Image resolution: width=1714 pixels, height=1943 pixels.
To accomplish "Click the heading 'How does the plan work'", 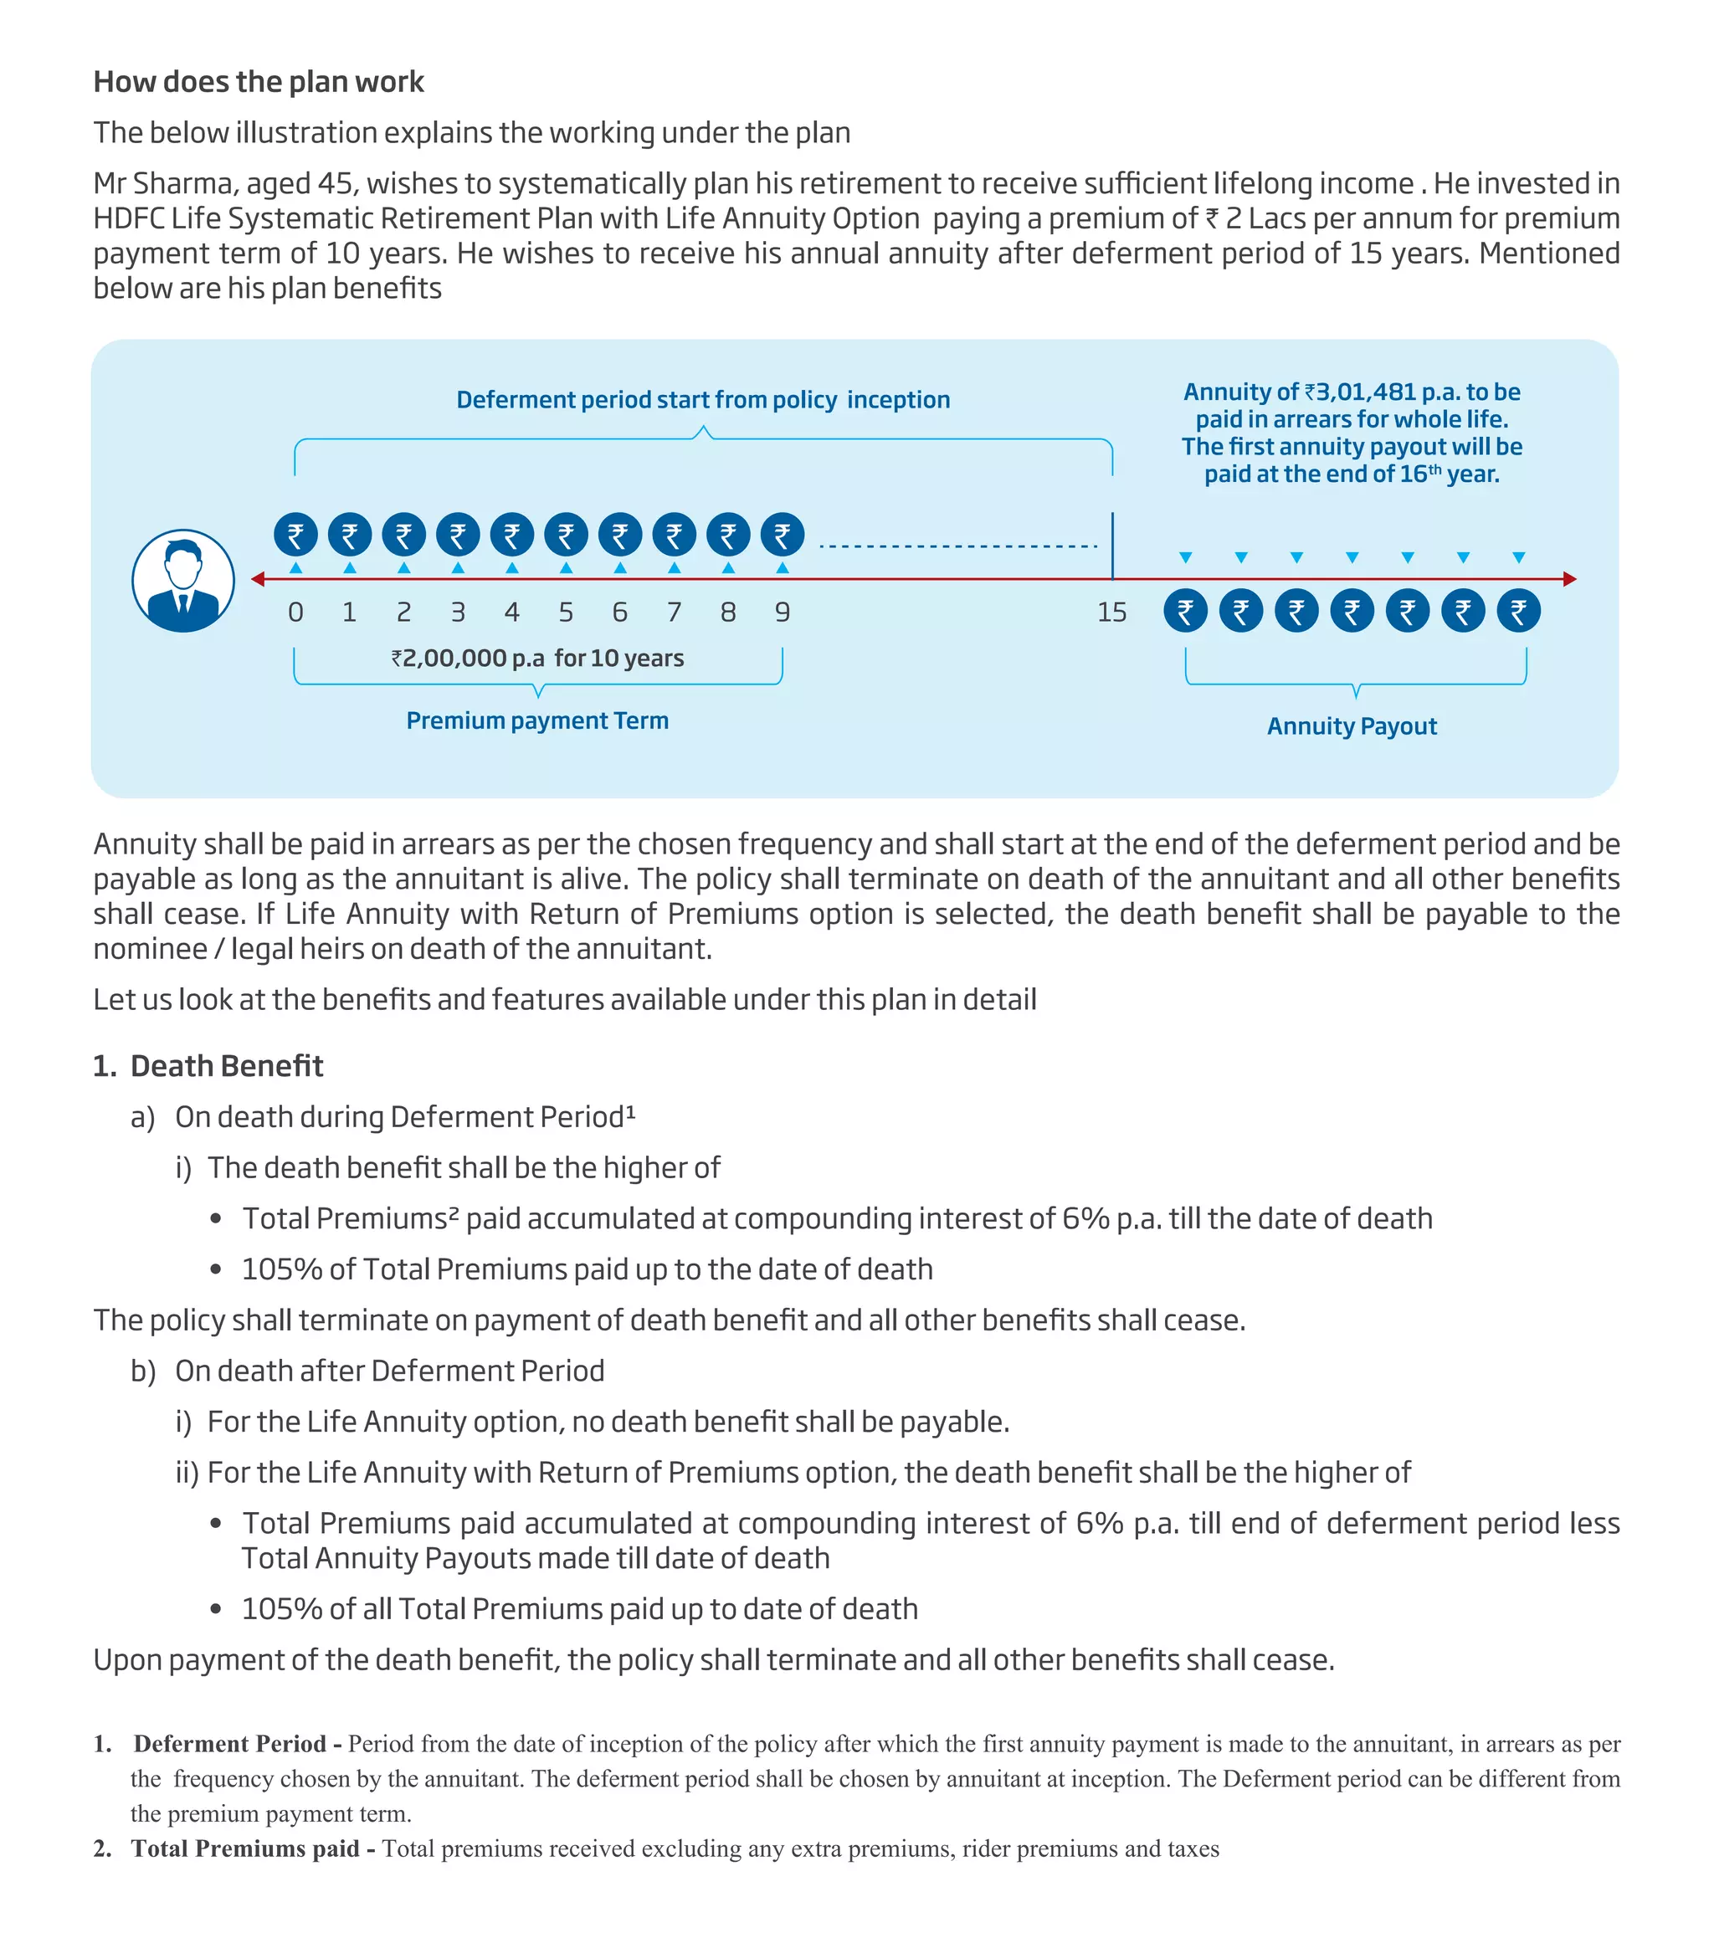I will [x=258, y=82].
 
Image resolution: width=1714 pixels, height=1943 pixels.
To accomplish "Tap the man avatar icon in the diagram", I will [x=182, y=580].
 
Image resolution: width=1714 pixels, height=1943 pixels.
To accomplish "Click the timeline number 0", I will [x=295, y=613].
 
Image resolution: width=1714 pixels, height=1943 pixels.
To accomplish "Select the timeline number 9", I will [x=782, y=613].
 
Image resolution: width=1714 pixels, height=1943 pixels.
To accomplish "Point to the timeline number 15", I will [x=1111, y=613].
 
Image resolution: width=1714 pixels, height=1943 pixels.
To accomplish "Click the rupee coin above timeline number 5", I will [x=566, y=536].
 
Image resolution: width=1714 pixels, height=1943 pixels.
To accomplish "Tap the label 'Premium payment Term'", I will [x=537, y=720].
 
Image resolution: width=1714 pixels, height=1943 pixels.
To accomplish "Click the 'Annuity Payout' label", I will [x=1351, y=726].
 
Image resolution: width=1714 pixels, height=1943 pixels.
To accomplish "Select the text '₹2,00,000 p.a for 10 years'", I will [x=537, y=658].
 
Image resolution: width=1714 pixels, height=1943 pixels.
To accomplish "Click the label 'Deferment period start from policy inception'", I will [x=702, y=399].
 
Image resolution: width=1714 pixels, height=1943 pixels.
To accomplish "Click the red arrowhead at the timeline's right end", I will [x=1569, y=579].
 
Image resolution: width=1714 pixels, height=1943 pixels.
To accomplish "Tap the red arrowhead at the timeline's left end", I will [x=258, y=579].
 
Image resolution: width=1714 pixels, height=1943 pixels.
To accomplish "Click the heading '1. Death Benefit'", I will [x=208, y=1065].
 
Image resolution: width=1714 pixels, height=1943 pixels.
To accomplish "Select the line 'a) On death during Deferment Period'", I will [x=382, y=1117].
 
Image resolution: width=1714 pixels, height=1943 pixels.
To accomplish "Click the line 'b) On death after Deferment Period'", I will [x=367, y=1371].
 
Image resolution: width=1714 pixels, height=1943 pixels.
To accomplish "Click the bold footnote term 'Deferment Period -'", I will [x=238, y=1743].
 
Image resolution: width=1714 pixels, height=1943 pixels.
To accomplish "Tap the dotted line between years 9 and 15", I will [x=957, y=546].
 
